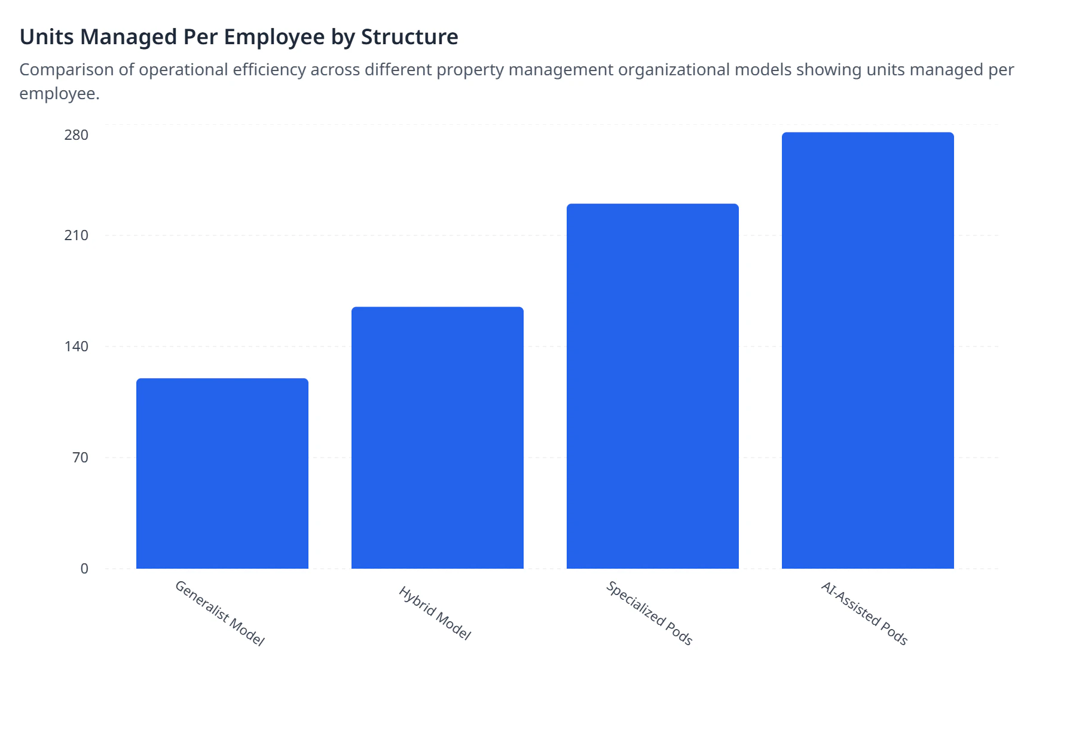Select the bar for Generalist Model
click(222, 473)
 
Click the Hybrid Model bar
click(438, 437)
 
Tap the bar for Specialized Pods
click(653, 386)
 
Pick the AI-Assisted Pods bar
click(868, 350)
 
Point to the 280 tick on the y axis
click(77, 135)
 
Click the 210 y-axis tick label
click(77, 235)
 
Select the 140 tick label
click(77, 346)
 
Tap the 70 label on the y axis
click(80, 458)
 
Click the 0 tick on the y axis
click(84, 569)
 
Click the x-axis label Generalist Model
click(219, 614)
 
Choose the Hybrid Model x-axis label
click(435, 614)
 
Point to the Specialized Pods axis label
click(649, 614)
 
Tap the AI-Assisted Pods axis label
click(864, 614)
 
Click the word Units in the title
click(47, 37)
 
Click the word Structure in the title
click(409, 37)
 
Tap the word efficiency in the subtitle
click(270, 70)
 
